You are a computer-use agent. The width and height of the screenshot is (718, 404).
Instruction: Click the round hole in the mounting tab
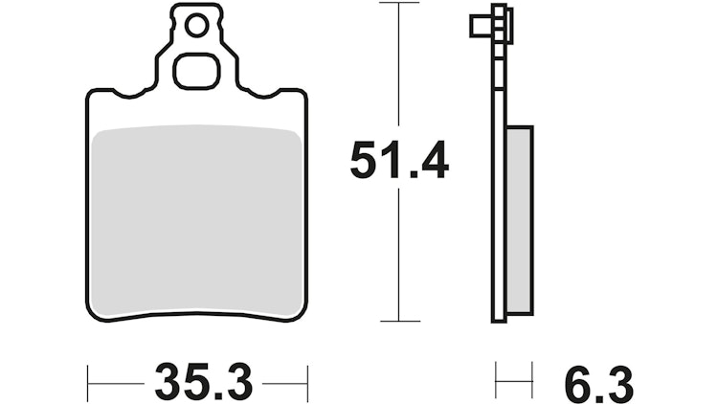pos(196,27)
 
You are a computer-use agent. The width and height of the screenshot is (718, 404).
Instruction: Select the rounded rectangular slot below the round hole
pos(198,71)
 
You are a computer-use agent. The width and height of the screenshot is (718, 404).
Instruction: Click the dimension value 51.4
pos(398,161)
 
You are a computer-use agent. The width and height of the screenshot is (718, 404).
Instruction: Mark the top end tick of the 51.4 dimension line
pos(399,4)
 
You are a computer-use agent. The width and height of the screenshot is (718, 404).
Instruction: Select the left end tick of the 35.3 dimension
pos(88,382)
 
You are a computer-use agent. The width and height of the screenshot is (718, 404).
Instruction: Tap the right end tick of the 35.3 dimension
pos(306,382)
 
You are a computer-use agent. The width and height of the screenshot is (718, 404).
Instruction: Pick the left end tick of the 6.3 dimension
pos(496,382)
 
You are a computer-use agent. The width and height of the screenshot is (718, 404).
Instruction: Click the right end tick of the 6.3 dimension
pos(531,382)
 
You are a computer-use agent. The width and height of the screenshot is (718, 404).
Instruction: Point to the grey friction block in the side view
pos(518,220)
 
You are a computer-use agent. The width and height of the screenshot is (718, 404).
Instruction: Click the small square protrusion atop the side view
pos(479,26)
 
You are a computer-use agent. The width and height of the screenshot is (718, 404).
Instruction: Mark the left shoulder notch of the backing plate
pos(121,93)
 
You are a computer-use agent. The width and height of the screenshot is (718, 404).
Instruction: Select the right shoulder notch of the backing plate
pos(275,93)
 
